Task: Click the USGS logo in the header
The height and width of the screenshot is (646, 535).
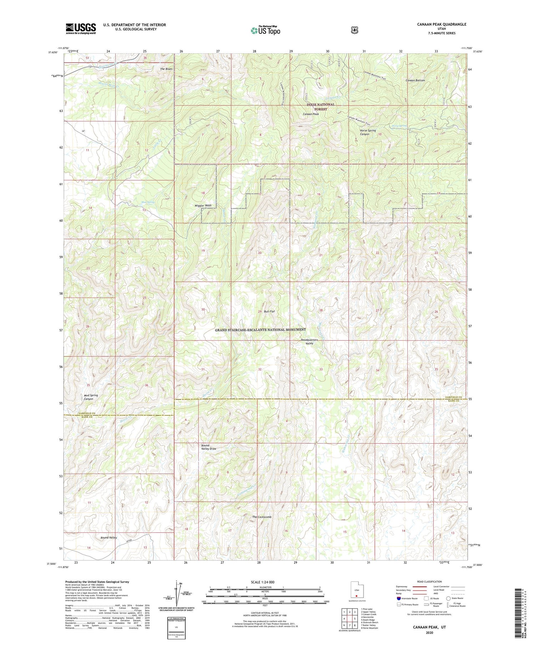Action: (81, 29)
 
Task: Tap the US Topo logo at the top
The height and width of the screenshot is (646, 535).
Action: (265, 30)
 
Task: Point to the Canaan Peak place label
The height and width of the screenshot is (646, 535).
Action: (311, 114)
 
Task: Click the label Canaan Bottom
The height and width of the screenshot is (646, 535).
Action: (415, 81)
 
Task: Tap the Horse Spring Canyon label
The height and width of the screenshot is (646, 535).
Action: (367, 133)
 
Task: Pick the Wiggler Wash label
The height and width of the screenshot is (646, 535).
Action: (203, 206)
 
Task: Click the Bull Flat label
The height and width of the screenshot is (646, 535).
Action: (269, 311)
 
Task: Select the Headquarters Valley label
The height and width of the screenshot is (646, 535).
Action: (309, 342)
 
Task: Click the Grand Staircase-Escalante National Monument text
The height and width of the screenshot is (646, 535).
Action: (260, 330)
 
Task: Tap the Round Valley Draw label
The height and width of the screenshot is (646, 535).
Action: (208, 447)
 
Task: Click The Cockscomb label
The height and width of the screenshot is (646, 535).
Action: (262, 517)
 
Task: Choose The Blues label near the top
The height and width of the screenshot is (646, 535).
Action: (166, 69)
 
